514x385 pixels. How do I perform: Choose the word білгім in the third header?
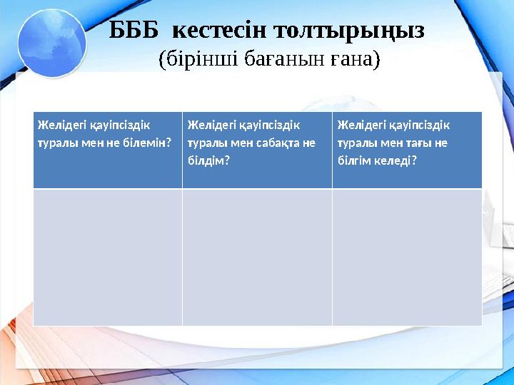356,160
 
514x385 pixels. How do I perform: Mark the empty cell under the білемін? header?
107,257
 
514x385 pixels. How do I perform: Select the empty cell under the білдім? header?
257,257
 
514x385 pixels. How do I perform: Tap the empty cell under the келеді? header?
407,257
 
